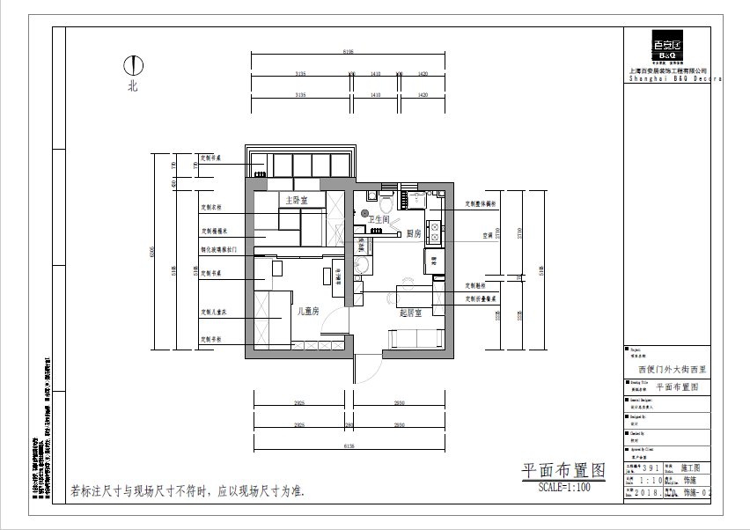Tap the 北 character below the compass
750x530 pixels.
click(133, 86)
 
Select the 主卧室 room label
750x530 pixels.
click(295, 200)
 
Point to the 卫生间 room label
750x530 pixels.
click(379, 218)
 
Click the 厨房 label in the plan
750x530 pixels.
click(413, 233)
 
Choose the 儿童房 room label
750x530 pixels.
click(307, 311)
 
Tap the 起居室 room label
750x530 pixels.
click(410, 313)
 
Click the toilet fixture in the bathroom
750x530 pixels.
click(374, 195)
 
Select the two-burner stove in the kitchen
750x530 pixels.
click(434, 232)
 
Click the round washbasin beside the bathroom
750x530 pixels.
click(362, 267)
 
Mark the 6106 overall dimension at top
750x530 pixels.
click(348, 53)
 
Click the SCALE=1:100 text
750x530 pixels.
click(563, 486)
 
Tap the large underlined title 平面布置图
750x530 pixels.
click(563, 471)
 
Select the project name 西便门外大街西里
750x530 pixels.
click(672, 370)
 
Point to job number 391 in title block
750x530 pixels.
click(651, 469)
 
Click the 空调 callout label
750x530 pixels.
click(487, 235)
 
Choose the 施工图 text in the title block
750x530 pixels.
click(692, 469)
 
